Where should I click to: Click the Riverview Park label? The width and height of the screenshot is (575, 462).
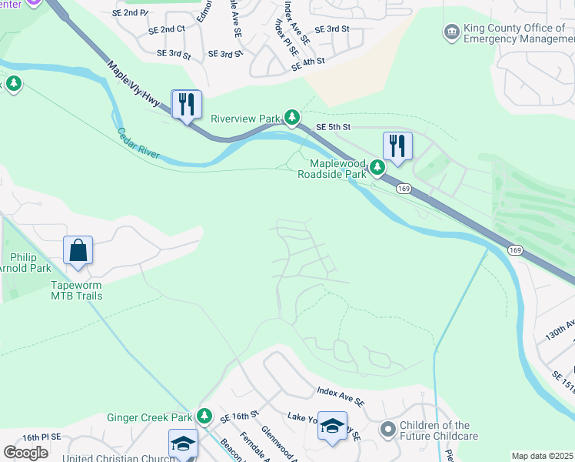[246, 119]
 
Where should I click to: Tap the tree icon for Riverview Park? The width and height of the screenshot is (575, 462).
[291, 117]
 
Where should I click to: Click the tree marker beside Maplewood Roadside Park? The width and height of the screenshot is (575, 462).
[377, 167]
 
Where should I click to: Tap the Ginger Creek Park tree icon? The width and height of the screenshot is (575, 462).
[204, 417]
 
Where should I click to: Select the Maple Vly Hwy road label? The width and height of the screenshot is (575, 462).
[135, 84]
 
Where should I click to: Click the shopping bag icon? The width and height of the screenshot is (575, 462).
[78, 251]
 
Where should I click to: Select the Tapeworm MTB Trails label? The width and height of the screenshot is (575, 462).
[77, 290]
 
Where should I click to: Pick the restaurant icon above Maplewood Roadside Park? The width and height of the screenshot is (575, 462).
[397, 146]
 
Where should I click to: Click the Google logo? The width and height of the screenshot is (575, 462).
[26, 453]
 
